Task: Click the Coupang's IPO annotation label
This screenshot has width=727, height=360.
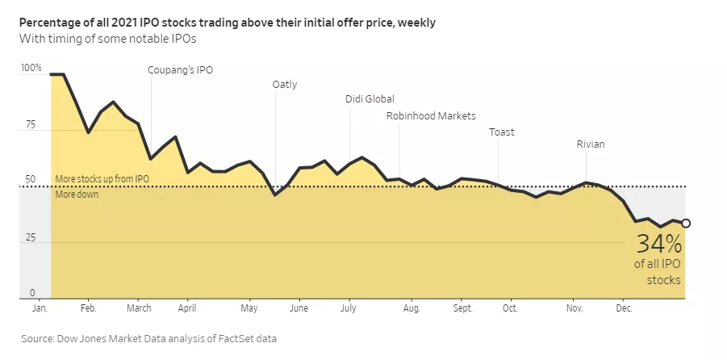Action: (x=180, y=69)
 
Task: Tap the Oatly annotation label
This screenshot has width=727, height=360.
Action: (x=285, y=84)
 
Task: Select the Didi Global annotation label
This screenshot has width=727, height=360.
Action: (x=370, y=99)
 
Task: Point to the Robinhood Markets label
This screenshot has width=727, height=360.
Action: (x=431, y=115)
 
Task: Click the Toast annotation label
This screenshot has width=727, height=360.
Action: (x=501, y=132)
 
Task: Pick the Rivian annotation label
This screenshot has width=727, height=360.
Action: (x=590, y=144)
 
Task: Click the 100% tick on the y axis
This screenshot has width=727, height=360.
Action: (x=31, y=69)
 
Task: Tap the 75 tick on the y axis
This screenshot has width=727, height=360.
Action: (x=31, y=125)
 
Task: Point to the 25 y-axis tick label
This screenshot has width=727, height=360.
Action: (x=31, y=238)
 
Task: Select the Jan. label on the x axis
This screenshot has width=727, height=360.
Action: (x=39, y=308)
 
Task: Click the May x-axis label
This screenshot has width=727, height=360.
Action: (x=249, y=308)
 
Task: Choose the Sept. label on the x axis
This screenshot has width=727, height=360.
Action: (x=462, y=308)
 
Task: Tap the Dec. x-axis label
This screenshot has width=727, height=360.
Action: (x=624, y=308)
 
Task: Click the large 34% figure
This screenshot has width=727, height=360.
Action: (x=659, y=244)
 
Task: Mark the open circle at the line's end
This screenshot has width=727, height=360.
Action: (x=686, y=224)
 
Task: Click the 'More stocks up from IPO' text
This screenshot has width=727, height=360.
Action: (x=102, y=179)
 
